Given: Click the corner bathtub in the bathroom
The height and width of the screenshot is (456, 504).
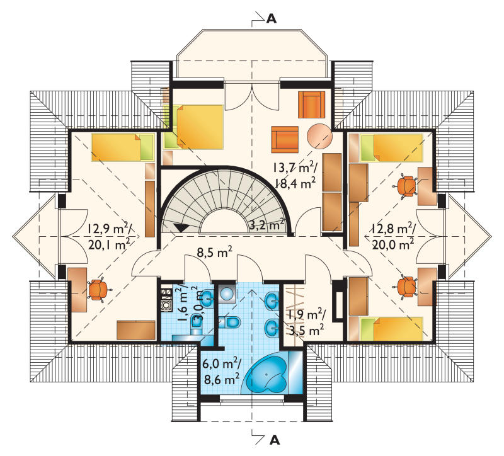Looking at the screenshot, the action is (265, 374).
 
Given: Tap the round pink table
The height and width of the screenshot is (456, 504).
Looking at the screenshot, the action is (319, 137).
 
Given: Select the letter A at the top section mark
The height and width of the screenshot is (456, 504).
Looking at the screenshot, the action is (272, 20).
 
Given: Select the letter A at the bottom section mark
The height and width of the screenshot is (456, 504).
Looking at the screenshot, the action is (274, 440).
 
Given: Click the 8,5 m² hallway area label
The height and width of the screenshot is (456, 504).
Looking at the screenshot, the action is (214, 253).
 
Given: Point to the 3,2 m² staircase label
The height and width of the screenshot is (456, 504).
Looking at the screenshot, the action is (266, 225).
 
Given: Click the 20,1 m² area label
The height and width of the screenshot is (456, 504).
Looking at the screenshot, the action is (108, 245).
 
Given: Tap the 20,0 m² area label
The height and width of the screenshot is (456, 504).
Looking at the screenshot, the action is (392, 244).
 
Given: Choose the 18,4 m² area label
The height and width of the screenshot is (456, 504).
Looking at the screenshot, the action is (295, 183).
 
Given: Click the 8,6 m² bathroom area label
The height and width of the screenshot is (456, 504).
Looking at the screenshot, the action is (222, 380).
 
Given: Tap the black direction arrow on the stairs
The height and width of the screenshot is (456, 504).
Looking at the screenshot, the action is (180, 227).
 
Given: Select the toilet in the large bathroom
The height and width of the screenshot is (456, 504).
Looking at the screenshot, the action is (229, 322).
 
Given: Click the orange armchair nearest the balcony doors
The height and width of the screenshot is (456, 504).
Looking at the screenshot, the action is (311, 105).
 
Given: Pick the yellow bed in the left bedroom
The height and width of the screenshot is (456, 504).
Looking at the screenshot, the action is (122, 147).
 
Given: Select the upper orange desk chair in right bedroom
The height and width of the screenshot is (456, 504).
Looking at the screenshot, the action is (406, 186).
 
